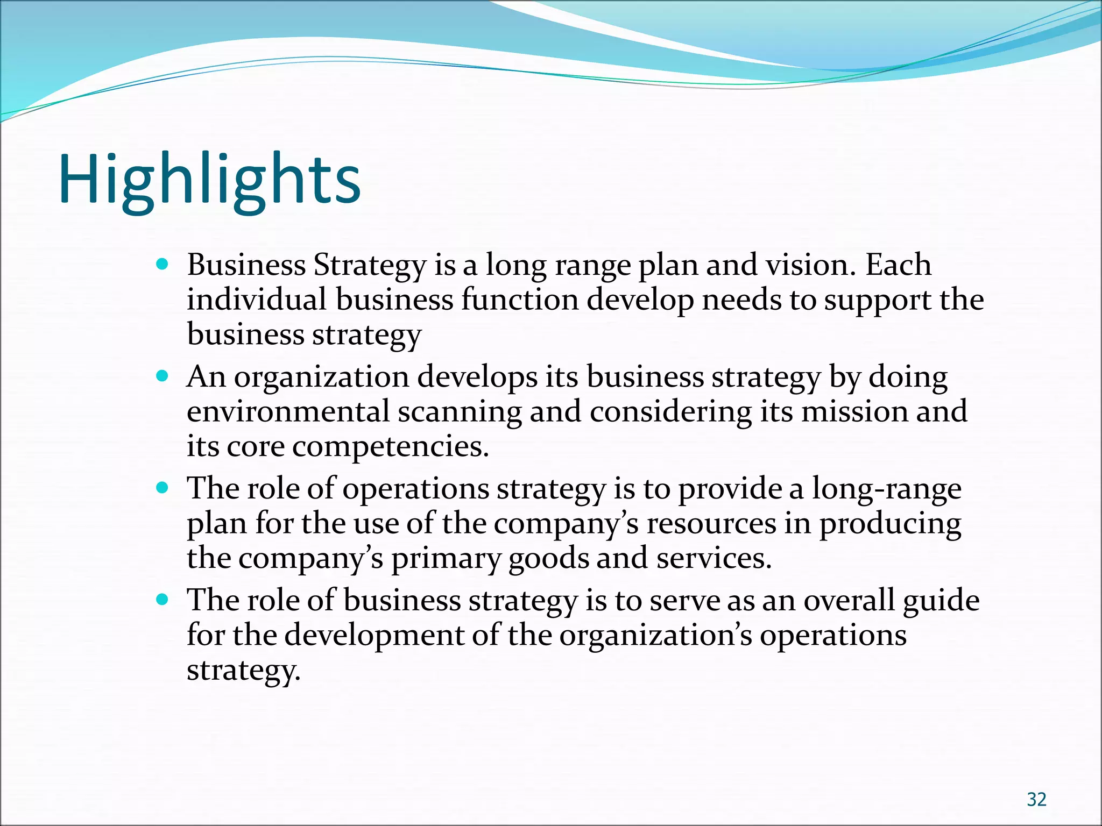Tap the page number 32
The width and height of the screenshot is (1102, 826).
click(x=1036, y=800)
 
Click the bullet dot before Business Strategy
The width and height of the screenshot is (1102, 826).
click(x=162, y=264)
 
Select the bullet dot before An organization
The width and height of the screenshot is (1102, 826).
click(x=162, y=376)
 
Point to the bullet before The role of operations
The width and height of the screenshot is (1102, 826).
click(x=162, y=488)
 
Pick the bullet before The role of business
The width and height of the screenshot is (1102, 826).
click(x=162, y=600)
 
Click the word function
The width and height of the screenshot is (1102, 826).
click(x=519, y=300)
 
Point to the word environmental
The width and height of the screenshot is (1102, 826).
click(x=288, y=411)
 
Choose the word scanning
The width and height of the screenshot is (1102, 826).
click(x=460, y=412)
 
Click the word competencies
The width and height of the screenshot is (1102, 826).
click(x=390, y=447)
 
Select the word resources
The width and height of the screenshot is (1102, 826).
click(x=711, y=523)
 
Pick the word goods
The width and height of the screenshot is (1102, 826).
click(x=548, y=558)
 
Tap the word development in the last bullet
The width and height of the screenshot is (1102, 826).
click(x=374, y=636)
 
